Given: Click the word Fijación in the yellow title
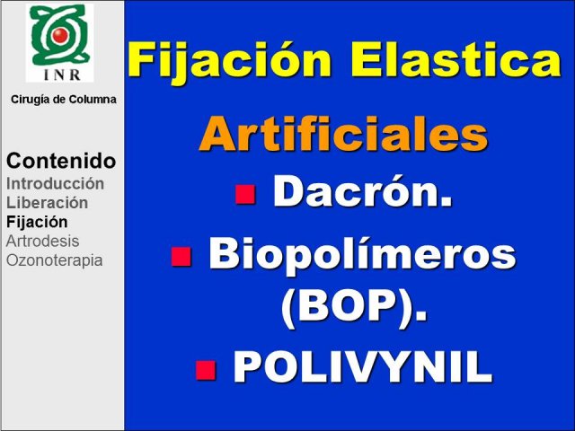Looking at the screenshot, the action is [230, 60].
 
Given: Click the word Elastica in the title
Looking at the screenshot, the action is [456, 58].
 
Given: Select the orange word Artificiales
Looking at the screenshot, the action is [343, 134].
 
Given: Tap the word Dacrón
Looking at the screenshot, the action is [362, 191].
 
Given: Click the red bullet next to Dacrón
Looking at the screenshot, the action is [245, 194].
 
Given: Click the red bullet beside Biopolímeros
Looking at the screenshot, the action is [181, 256].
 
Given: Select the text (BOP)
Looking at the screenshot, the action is [354, 309].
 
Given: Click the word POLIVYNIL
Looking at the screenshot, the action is [362, 367].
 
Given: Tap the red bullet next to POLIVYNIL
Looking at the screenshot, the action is [206, 370].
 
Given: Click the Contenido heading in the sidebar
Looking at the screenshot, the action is [61, 161].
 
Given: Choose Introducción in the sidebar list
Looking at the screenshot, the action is [55, 183].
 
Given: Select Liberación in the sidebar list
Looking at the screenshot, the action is [47, 203].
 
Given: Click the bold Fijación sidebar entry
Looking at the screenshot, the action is [37, 223].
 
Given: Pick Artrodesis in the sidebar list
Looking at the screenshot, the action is [42, 242].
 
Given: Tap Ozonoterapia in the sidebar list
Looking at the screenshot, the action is [54, 261].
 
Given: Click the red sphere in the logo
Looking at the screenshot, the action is [59, 35].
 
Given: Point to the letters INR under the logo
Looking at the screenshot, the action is [62, 75].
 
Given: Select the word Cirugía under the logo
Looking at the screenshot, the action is [31, 100].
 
